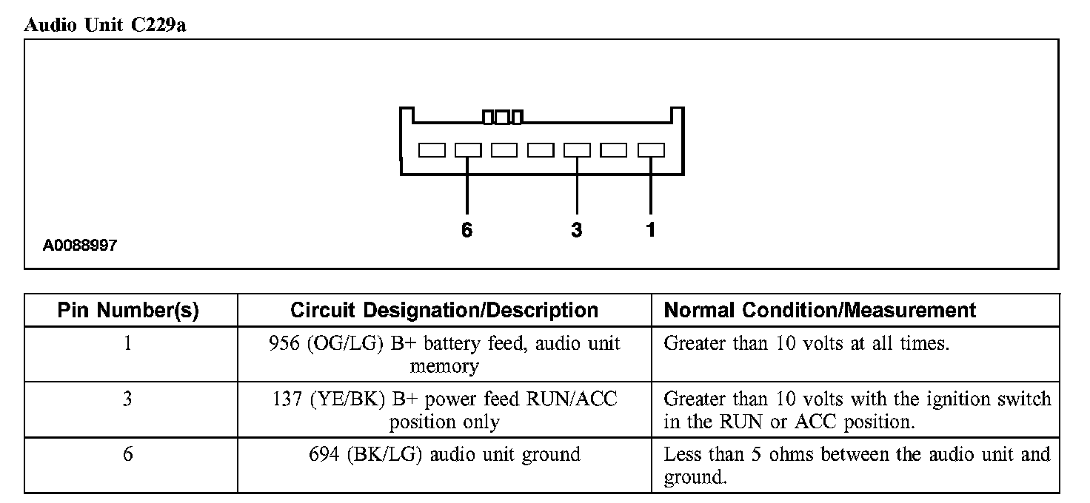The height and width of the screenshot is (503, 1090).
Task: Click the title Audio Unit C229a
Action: click(x=104, y=24)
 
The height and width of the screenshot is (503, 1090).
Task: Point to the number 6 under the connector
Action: click(x=467, y=230)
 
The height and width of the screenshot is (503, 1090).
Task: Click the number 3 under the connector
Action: click(x=577, y=230)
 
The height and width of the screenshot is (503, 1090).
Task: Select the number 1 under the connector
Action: click(x=650, y=230)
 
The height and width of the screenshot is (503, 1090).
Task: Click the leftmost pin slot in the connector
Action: click(x=432, y=150)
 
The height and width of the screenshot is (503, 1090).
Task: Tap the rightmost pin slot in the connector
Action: click(x=651, y=150)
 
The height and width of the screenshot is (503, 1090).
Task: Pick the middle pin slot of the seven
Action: click(x=541, y=150)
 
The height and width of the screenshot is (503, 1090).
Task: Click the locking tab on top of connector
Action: click(x=503, y=117)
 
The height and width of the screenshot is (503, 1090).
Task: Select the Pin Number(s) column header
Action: click(x=128, y=311)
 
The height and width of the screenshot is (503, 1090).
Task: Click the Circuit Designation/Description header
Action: click(x=444, y=311)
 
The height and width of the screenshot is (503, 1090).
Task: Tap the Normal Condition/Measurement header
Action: click(x=820, y=311)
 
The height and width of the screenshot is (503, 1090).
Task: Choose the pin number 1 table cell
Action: click(x=128, y=344)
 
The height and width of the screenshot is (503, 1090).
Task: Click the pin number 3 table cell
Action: click(x=128, y=399)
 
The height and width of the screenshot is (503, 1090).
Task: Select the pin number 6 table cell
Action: click(x=128, y=454)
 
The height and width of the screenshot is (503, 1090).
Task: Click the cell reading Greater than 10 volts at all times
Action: click(x=806, y=344)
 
